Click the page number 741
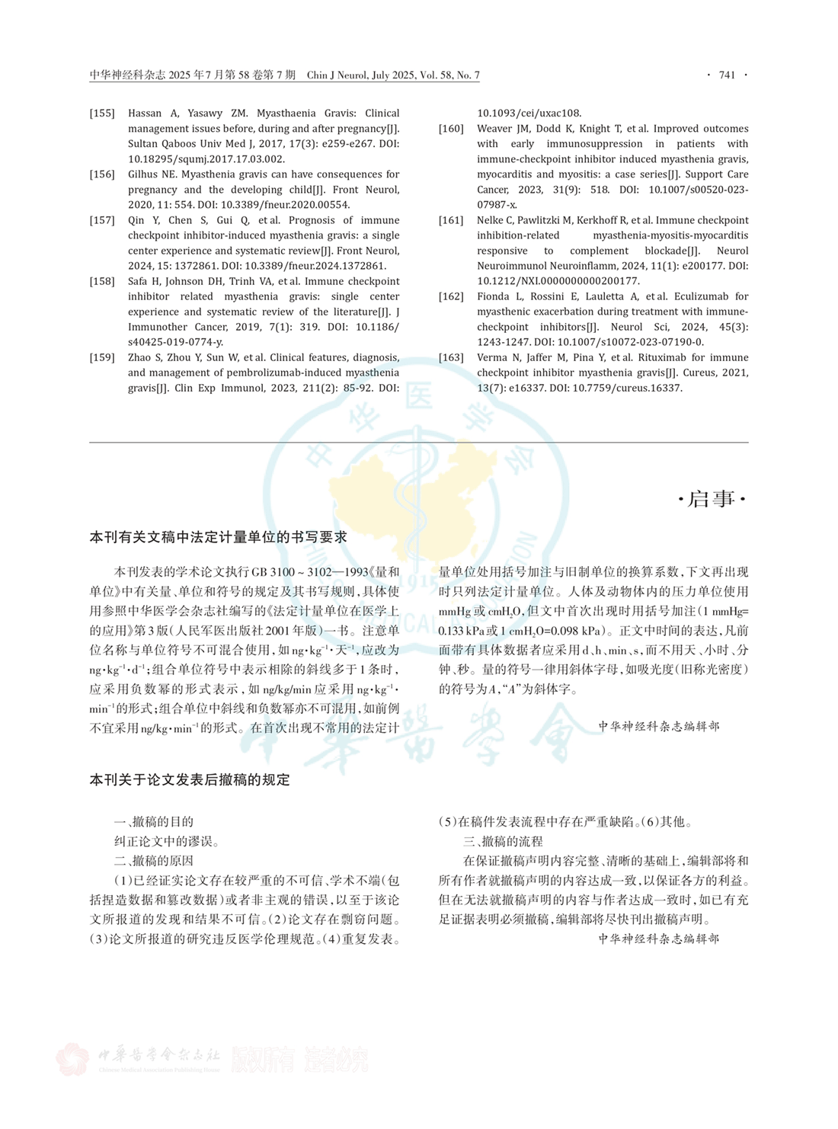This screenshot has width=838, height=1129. point(727,75)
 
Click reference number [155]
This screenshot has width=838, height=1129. point(102,114)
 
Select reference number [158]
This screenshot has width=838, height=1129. point(102,281)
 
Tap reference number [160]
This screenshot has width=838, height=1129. point(451,129)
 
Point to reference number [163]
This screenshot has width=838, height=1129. point(451,357)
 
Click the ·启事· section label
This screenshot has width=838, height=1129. point(712,499)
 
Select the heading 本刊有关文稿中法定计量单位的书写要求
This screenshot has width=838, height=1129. point(219,537)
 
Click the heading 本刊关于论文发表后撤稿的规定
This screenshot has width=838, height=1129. point(190,780)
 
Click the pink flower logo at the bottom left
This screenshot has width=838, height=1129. point(72,1059)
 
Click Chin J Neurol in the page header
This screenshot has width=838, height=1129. point(338,75)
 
